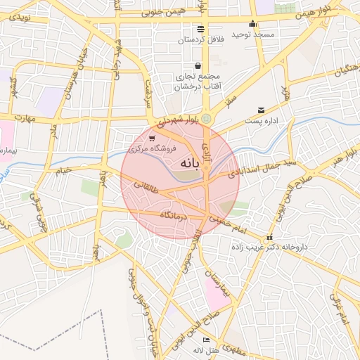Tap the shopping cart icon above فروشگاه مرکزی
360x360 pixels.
(x=152, y=139)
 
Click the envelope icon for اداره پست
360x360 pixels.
(x=262, y=110)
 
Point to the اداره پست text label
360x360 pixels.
(x=262, y=120)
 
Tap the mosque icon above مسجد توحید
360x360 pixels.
(x=252, y=24)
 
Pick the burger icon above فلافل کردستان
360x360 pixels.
(x=202, y=29)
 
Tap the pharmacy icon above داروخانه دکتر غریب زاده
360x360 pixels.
(x=271, y=237)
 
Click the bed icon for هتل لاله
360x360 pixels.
(x=206, y=340)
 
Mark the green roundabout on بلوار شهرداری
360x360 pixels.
(x=206, y=120)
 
